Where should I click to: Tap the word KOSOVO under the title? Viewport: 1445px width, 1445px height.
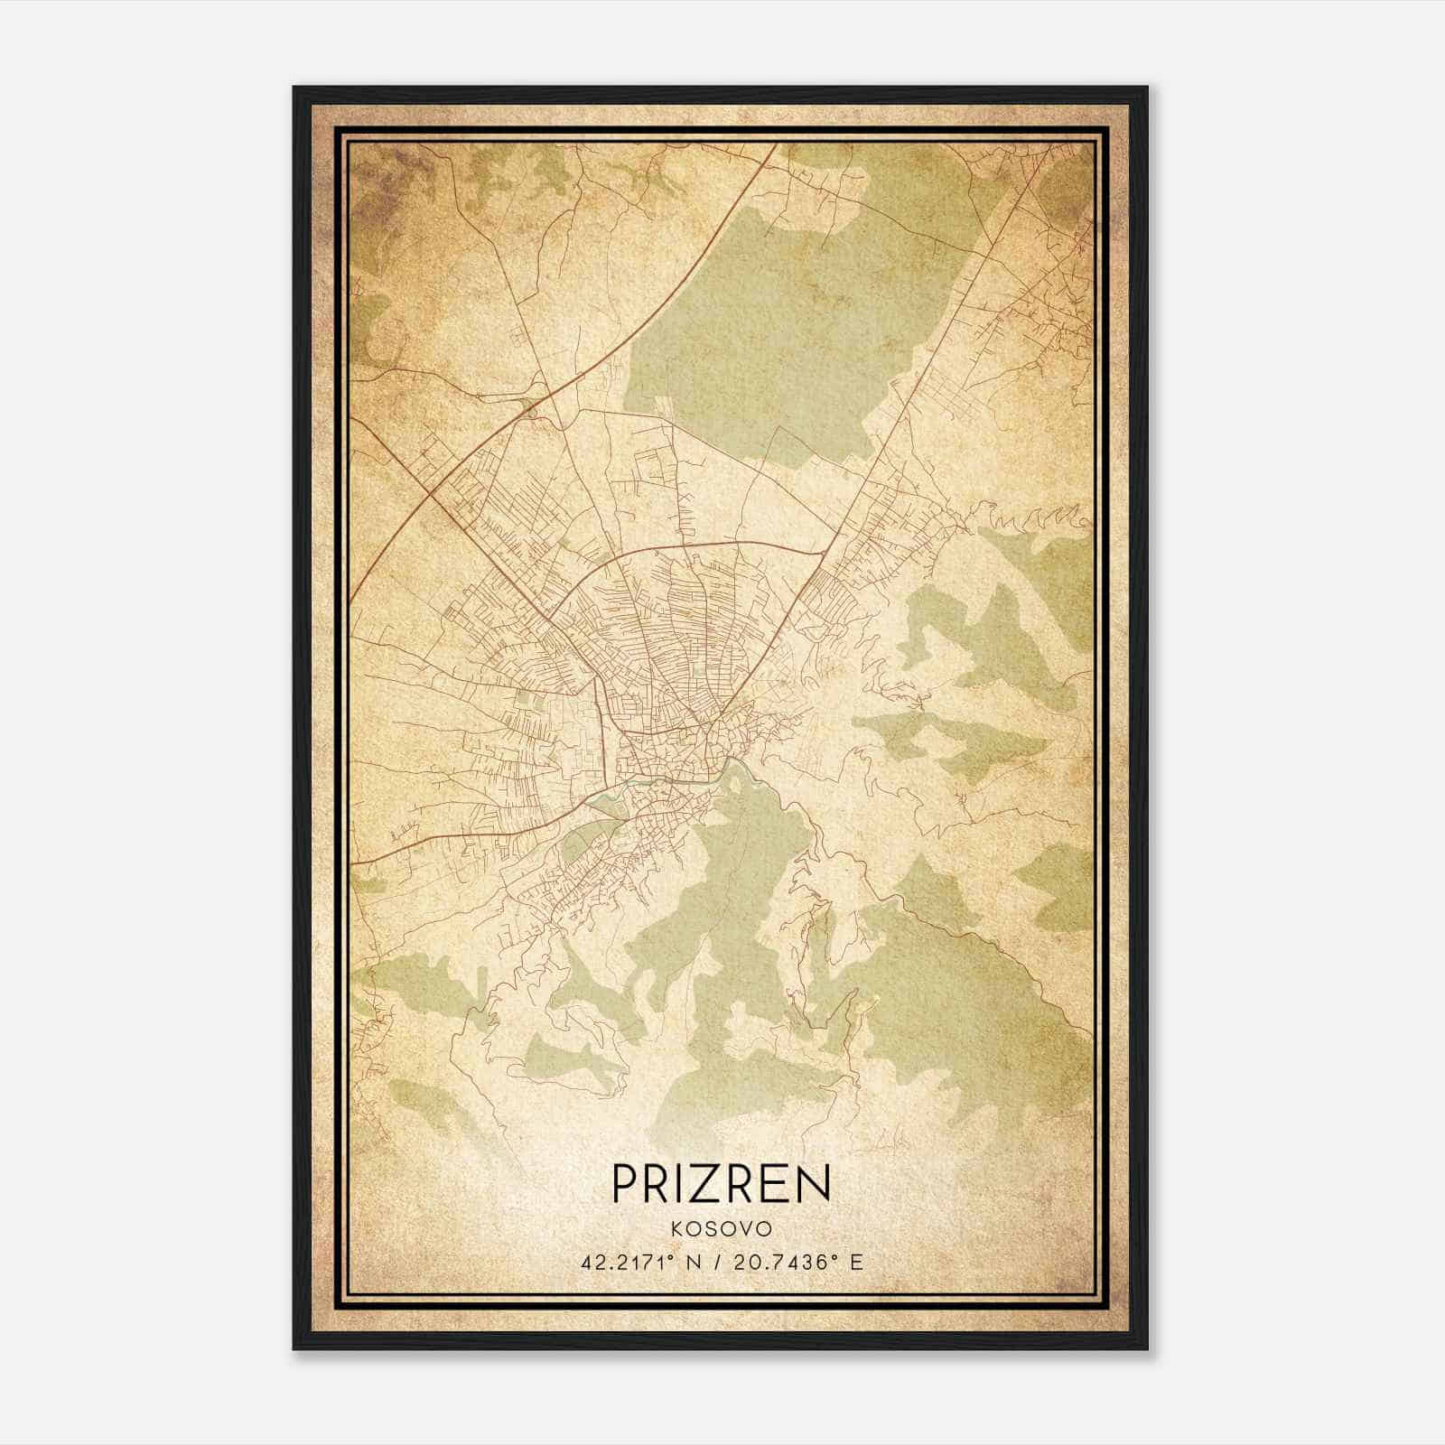tap(721, 1229)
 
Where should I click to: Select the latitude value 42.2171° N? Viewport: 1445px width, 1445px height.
tap(640, 1262)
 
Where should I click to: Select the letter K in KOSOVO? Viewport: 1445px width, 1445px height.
tap(677, 1229)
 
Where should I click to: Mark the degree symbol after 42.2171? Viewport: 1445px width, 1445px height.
tap(672, 1256)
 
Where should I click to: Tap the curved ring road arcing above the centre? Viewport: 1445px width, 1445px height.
tap(704, 545)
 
